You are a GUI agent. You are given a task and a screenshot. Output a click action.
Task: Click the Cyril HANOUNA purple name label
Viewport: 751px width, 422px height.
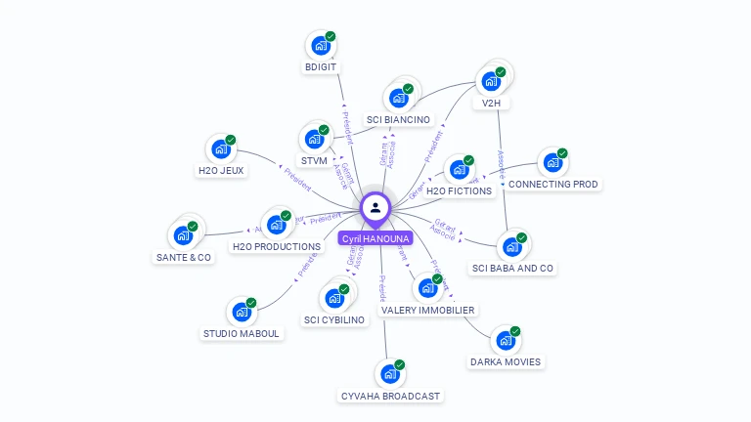(375, 238)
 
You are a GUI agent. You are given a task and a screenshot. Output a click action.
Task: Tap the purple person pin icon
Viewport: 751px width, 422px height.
(375, 207)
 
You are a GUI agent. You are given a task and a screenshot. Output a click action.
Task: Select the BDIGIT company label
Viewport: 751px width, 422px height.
(322, 67)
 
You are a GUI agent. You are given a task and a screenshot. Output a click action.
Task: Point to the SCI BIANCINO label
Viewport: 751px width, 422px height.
(398, 120)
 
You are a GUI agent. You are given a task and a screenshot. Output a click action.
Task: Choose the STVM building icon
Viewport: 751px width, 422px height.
(314, 139)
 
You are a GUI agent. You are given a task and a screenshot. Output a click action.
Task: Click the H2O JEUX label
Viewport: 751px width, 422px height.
(221, 171)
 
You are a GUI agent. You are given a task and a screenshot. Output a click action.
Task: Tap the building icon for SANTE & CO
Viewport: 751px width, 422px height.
(183, 235)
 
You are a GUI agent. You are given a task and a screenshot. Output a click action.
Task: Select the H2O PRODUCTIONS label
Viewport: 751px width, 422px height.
(276, 247)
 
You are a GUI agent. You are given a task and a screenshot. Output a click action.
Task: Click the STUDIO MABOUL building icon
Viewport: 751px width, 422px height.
(242, 313)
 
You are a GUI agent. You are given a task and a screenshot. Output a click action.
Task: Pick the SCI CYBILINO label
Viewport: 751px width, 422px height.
(334, 319)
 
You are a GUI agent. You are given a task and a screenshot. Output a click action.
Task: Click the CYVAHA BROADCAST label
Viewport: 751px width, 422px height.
(390, 396)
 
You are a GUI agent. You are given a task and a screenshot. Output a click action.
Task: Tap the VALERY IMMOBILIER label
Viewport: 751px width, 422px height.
(428, 311)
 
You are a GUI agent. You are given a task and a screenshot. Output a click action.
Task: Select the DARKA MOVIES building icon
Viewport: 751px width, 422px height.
(506, 341)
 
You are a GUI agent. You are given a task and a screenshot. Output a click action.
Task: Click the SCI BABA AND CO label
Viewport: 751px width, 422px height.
(512, 268)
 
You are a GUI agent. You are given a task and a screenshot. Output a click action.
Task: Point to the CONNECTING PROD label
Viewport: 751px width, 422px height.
(553, 184)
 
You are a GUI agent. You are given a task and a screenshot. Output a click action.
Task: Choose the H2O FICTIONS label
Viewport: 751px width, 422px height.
(459, 191)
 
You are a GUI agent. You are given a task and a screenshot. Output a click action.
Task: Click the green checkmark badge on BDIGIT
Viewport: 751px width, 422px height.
(331, 36)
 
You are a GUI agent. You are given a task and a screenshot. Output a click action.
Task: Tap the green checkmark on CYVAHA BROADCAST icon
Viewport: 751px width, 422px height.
(399, 364)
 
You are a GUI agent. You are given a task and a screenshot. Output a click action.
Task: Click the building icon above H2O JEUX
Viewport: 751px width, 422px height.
(221, 149)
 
